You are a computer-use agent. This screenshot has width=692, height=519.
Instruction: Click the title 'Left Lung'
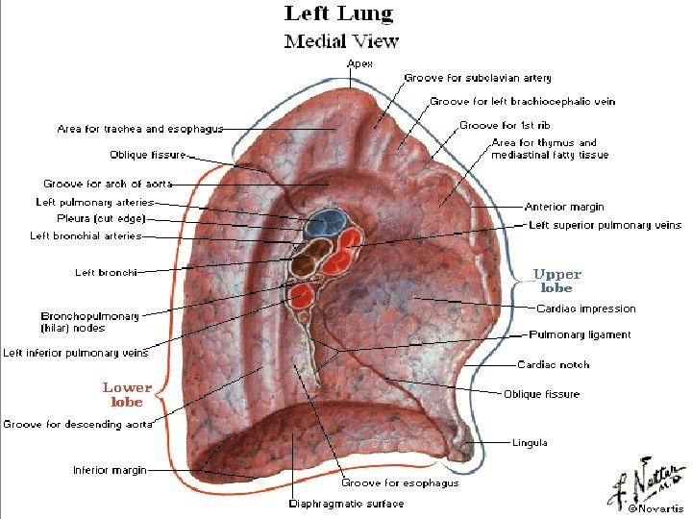[338, 13]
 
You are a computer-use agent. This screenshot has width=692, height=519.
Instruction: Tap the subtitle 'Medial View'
[341, 40]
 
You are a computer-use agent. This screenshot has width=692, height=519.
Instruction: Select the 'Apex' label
[359, 63]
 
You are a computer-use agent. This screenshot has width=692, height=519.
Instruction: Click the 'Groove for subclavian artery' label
[478, 78]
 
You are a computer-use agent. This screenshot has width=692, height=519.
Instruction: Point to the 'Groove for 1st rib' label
[505, 125]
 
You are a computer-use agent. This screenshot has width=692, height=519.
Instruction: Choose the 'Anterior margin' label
[564, 207]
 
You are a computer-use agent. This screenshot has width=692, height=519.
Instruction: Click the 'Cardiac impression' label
[585, 309]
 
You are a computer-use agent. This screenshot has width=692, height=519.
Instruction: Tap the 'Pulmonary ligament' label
[581, 334]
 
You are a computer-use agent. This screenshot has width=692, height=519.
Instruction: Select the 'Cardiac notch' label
[553, 364]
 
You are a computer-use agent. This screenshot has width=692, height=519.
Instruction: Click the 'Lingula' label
[530, 442]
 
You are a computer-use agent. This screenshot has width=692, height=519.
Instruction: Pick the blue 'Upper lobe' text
[557, 281]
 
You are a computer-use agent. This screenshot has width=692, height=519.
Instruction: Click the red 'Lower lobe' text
[127, 394]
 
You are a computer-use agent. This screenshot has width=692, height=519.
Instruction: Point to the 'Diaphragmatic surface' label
[346, 503]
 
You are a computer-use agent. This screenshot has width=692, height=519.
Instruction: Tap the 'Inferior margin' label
[110, 470]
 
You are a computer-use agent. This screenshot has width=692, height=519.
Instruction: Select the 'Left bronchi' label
[106, 272]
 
